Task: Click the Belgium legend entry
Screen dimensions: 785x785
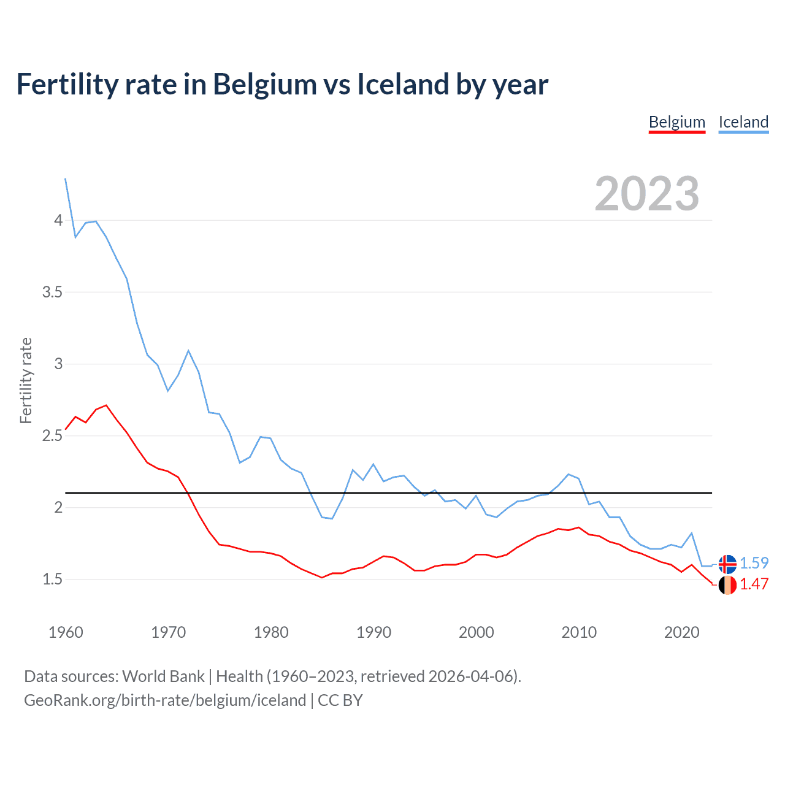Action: pyautogui.click(x=677, y=122)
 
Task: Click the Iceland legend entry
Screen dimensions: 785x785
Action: pyautogui.click(x=743, y=122)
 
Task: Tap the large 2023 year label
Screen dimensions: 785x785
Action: pyautogui.click(x=647, y=194)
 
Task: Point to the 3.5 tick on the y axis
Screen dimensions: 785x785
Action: pyautogui.click(x=53, y=292)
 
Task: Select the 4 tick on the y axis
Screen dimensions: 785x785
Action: pyautogui.click(x=58, y=220)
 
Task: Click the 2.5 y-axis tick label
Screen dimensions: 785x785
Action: pyautogui.click(x=53, y=436)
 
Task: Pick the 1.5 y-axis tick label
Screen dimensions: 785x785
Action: pyautogui.click(x=53, y=580)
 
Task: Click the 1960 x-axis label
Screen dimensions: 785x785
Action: pyautogui.click(x=66, y=632)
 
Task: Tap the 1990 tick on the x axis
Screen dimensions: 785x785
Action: pyautogui.click(x=373, y=632)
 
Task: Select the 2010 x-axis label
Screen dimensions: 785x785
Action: pyautogui.click(x=579, y=632)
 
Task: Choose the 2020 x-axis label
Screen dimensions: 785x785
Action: pyautogui.click(x=681, y=632)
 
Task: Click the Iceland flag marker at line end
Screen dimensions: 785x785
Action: pyautogui.click(x=727, y=564)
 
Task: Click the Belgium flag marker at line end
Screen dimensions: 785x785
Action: pyautogui.click(x=727, y=585)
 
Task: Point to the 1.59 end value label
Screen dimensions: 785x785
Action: pyautogui.click(x=754, y=563)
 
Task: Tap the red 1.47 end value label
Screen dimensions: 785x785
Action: pyautogui.click(x=754, y=584)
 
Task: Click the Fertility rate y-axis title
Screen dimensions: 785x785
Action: pyautogui.click(x=26, y=380)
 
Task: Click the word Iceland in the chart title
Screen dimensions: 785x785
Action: pyautogui.click(x=403, y=85)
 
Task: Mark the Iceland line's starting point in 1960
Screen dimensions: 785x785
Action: pyautogui.click(x=66, y=178)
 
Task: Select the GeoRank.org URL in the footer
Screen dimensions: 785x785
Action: pyautogui.click(x=165, y=700)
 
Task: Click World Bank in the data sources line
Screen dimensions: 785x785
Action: pyautogui.click(x=163, y=676)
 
